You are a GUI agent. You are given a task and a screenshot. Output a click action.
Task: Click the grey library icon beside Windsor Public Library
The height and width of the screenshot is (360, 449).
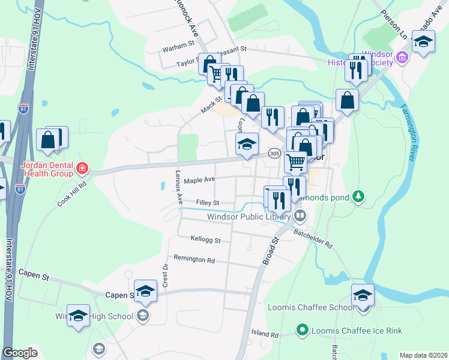300,216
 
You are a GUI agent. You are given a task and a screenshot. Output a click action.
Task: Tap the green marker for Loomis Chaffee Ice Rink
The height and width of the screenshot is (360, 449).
303,330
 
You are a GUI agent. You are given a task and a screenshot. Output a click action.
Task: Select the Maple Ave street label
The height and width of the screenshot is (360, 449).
199,180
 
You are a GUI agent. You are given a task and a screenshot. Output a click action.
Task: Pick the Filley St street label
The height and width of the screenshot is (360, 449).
208,203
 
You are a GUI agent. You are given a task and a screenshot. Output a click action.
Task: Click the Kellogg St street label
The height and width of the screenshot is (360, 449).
205,240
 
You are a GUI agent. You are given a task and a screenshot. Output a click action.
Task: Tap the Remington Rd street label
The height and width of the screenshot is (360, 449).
194,260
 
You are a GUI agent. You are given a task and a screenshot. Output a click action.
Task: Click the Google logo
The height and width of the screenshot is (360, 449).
20,353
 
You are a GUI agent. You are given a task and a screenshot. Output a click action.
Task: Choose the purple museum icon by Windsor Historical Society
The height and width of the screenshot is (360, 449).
402,59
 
